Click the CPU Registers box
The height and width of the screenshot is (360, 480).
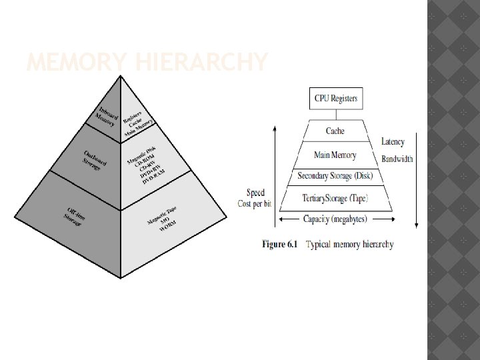tap(336, 99)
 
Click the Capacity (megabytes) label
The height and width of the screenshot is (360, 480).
tap(335, 218)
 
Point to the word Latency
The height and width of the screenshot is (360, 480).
tap(393, 142)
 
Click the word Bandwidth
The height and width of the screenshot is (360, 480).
tap(397, 159)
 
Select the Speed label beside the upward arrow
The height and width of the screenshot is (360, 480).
tap(255, 193)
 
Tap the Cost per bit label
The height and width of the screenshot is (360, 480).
tap(255, 203)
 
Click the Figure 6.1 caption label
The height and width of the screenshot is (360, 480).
tap(282, 245)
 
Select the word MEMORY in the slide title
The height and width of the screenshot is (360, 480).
tap(73, 63)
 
